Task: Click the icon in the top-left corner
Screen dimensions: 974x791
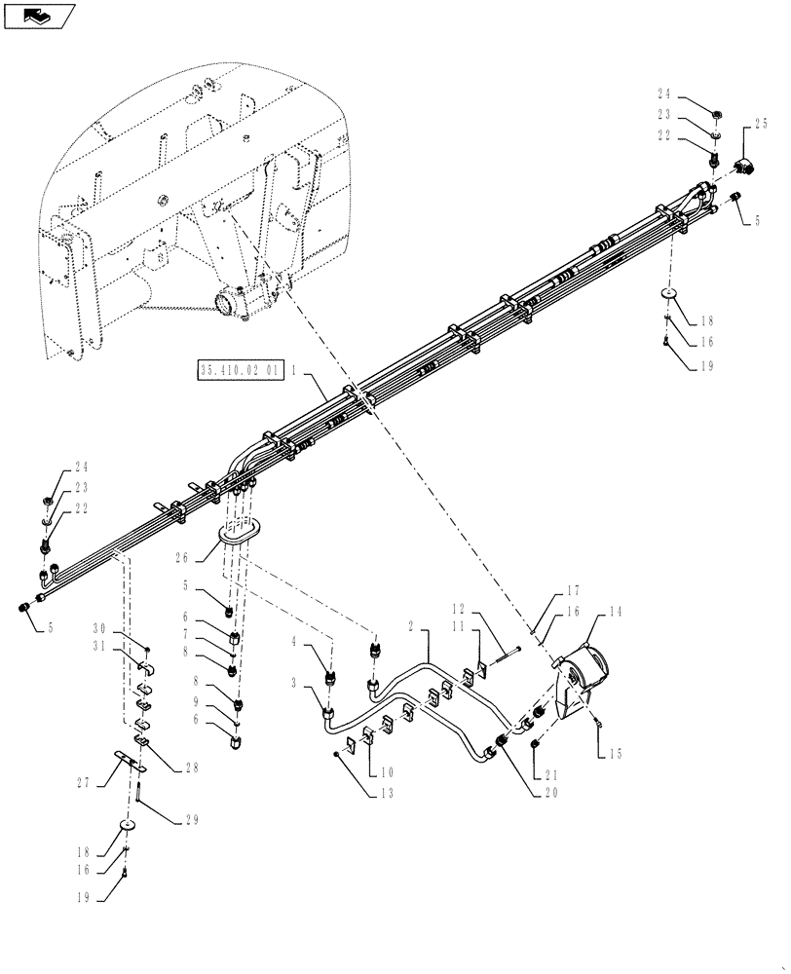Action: click(39, 15)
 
